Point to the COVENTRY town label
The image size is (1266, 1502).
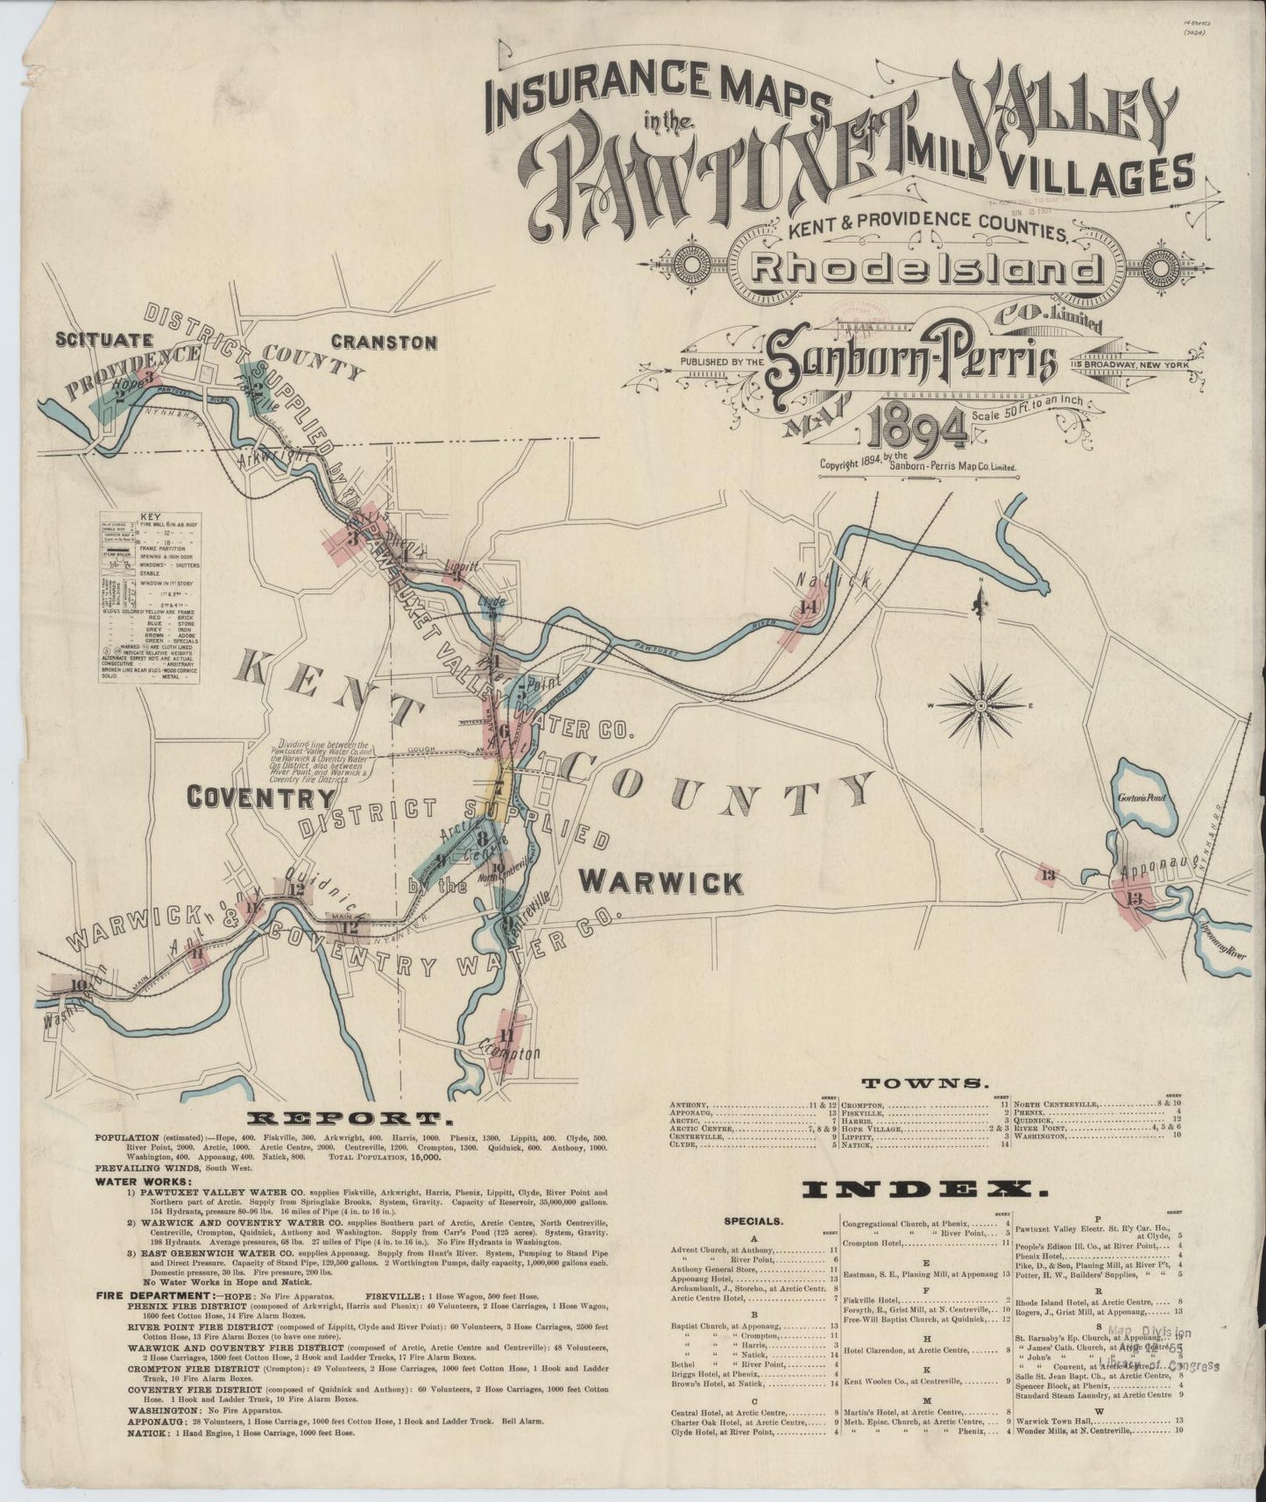point(262,797)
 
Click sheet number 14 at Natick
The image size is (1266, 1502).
point(807,607)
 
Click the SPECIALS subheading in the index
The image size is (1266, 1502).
point(754,1219)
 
